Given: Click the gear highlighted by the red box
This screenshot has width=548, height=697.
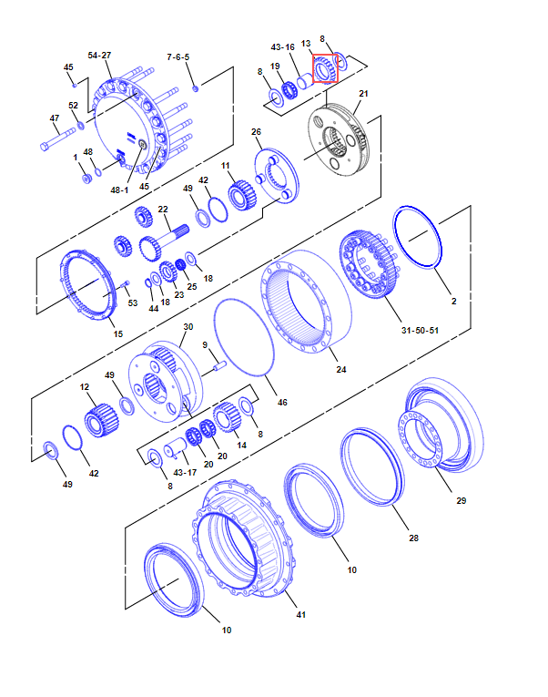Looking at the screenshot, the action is click(x=326, y=69).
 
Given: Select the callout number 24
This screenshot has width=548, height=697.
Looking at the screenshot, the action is click(x=341, y=369).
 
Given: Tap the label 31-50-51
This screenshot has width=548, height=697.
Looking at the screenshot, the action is click(x=420, y=330).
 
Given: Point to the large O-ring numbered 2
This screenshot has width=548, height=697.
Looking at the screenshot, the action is click(x=417, y=237).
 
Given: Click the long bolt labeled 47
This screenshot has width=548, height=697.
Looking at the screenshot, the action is click(x=58, y=139).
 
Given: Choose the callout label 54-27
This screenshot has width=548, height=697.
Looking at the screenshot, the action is click(x=99, y=55).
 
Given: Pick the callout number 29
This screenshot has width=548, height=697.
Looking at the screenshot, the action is click(x=462, y=500).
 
